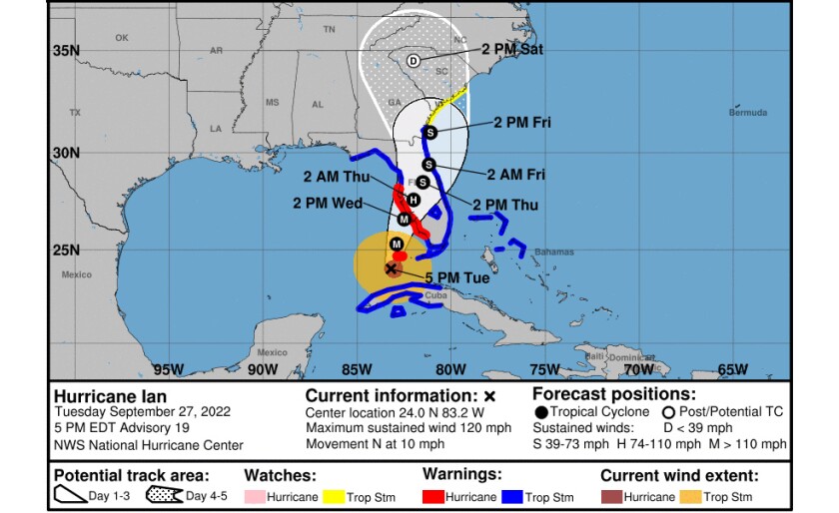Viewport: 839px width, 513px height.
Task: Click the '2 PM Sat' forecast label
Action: pos(511,49)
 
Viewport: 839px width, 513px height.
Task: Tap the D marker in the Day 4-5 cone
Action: pos(413,60)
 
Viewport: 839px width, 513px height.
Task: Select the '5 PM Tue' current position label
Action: pos(456,277)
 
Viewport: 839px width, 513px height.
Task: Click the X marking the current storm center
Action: pos(392,267)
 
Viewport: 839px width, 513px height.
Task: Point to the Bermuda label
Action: pos(748,113)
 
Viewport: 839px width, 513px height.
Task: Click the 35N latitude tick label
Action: pos(65,50)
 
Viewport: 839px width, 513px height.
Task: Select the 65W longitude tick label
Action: pos(732,369)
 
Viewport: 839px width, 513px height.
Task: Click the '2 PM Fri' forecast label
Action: pos(522,123)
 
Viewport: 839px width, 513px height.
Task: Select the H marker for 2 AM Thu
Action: pos(414,201)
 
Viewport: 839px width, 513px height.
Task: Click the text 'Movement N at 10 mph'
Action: pos(373,443)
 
